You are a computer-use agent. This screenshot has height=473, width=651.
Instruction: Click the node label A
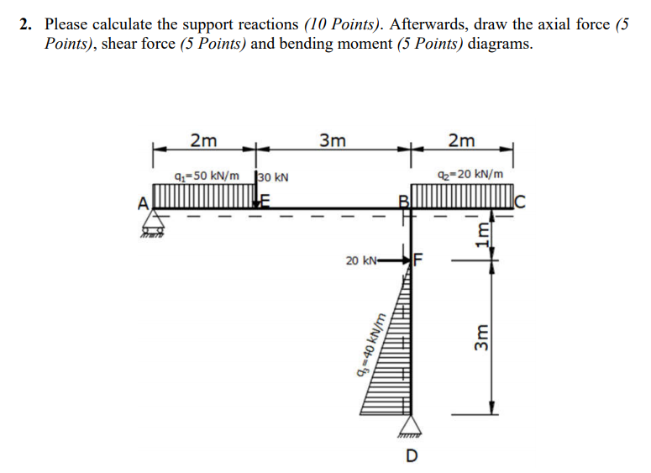[x=144, y=201]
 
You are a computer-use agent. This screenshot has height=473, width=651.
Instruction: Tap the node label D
[x=412, y=457]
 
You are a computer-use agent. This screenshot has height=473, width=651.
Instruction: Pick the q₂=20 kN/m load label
[x=471, y=176]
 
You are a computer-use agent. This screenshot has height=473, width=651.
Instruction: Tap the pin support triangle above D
[x=412, y=426]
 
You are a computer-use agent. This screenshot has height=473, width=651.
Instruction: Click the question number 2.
[x=26, y=24]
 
